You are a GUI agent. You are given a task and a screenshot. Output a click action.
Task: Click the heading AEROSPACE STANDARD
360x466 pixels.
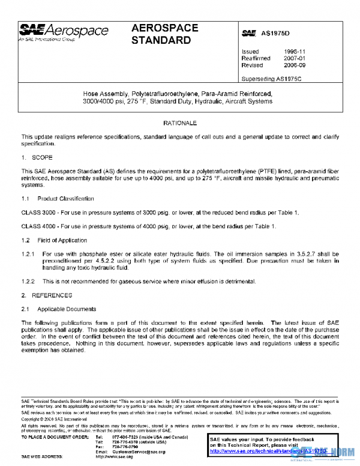[161, 35]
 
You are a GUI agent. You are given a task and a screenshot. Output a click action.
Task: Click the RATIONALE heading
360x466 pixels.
[180, 123]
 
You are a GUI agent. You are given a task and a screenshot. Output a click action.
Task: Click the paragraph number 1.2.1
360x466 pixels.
[28, 254]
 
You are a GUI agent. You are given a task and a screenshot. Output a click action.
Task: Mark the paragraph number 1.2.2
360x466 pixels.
[28, 282]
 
